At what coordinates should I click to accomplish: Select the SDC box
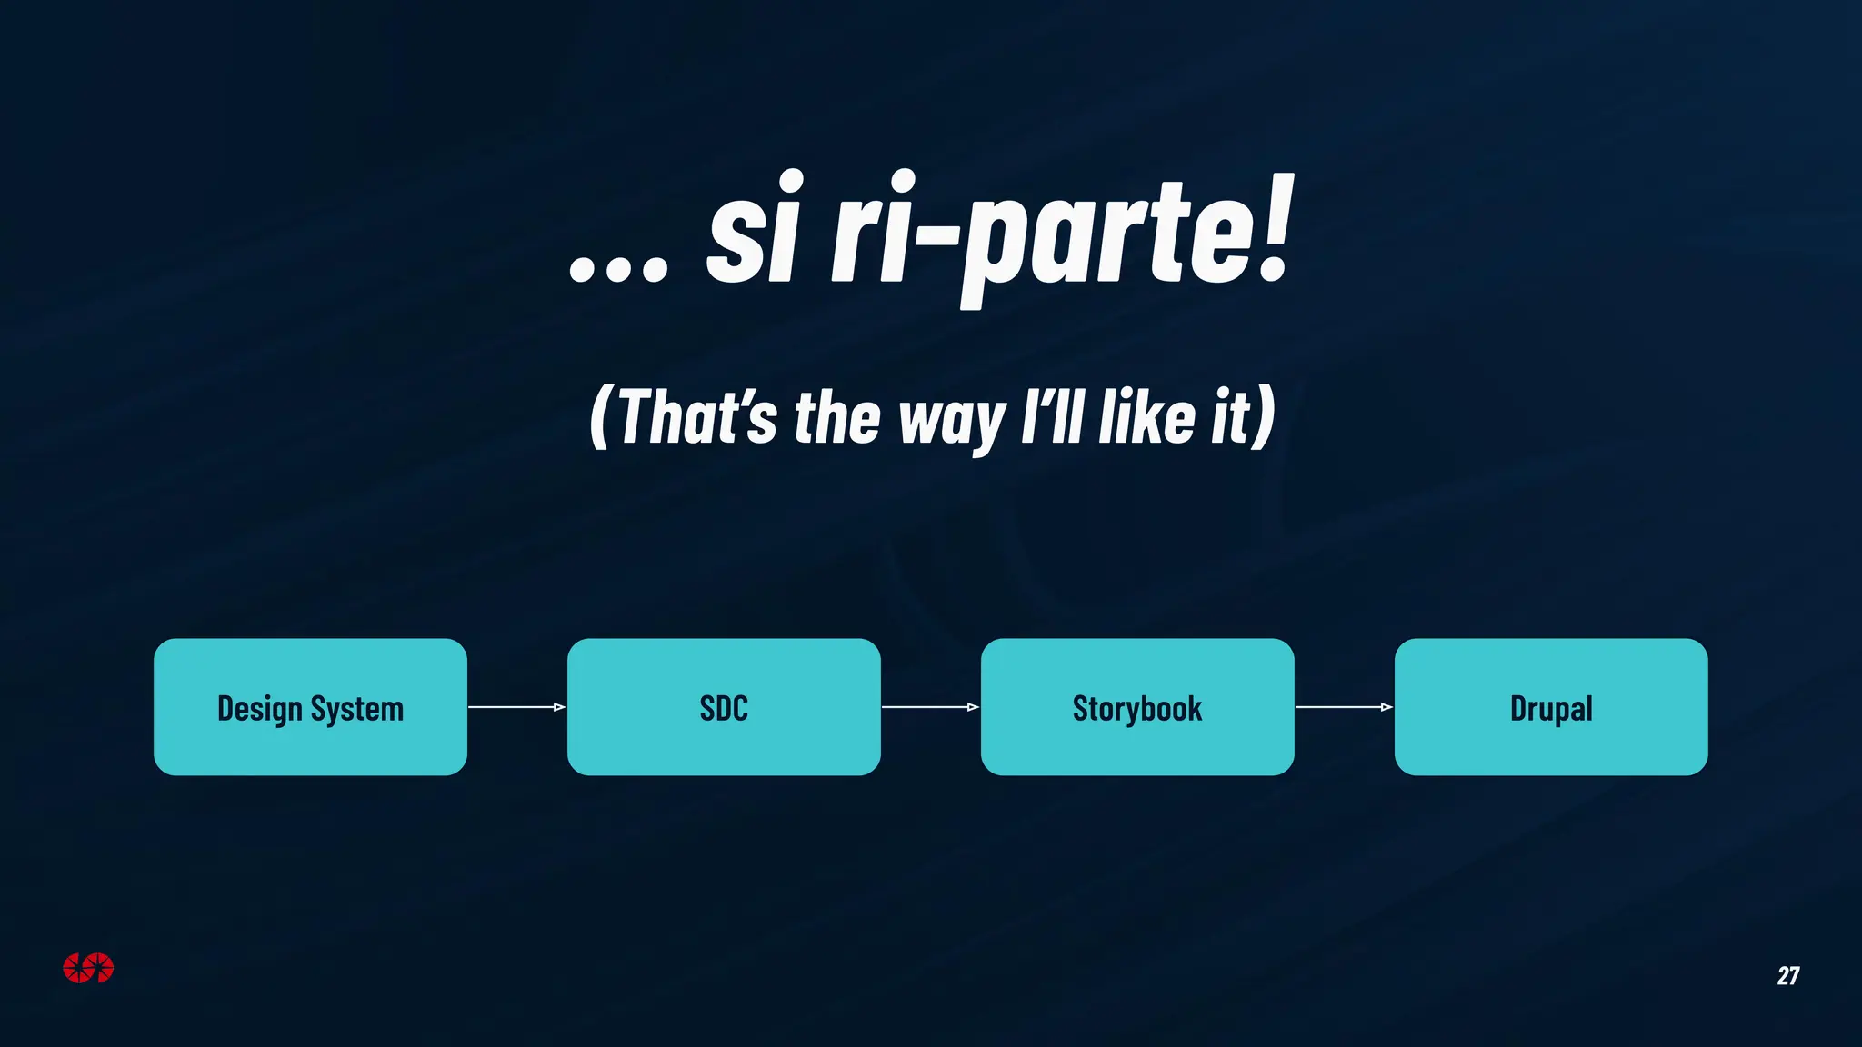(724, 707)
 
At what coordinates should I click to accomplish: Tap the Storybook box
(1137, 707)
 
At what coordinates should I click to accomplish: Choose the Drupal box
(1551, 707)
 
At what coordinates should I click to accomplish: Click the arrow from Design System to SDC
(516, 707)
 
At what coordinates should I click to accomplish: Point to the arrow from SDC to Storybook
(930, 707)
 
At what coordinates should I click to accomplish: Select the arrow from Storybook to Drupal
(1344, 707)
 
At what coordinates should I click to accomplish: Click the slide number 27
(1787, 976)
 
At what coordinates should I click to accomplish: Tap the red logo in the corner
(88, 968)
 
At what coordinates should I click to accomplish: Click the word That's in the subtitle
(696, 417)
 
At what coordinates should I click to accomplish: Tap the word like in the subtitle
(1146, 417)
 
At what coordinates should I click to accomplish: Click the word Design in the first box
(259, 709)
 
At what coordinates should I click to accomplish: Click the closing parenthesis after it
(1265, 417)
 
